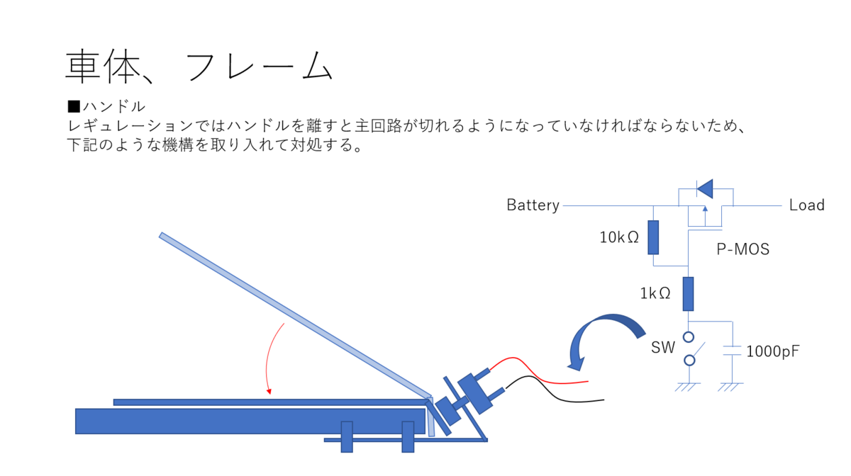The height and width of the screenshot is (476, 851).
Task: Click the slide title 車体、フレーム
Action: coord(199,67)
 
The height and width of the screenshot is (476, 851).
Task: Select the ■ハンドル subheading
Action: coord(106,107)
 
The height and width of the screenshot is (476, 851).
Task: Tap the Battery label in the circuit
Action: coord(533,205)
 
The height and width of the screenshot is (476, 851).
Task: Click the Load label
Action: coord(806,205)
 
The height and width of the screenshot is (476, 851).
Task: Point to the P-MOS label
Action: coord(742,249)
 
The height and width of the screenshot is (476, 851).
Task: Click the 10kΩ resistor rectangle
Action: coord(653,237)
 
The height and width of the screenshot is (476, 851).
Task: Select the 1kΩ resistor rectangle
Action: coord(688,294)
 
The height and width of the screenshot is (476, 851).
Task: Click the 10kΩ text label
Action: coord(619,237)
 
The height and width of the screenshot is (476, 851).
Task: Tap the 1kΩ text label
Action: coord(655,293)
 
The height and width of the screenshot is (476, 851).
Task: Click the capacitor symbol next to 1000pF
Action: coord(732,350)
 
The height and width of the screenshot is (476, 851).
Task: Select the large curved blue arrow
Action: coord(603,333)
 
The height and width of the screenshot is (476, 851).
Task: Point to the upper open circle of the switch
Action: coord(688,337)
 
